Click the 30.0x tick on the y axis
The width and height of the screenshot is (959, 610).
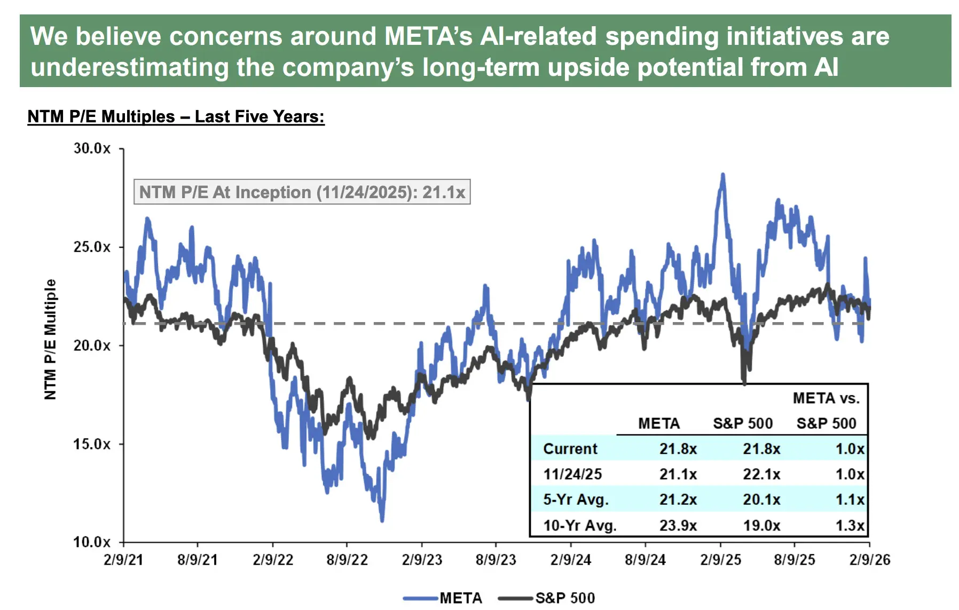tap(92, 148)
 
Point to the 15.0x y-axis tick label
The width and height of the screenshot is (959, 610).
tap(92, 444)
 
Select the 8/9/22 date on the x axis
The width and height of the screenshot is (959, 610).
tap(347, 560)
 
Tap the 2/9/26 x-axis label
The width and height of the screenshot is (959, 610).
tap(869, 560)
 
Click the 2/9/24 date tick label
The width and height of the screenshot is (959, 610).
tap(571, 560)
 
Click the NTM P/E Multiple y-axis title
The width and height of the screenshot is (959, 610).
tap(50, 339)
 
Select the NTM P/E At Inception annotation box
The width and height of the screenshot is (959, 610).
tap(302, 192)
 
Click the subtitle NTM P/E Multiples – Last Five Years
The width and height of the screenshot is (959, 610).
tap(176, 116)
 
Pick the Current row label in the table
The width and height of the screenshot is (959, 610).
tap(570, 449)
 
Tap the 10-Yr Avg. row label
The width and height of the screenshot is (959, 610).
tap(579, 526)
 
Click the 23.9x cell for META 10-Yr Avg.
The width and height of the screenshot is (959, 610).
tap(678, 526)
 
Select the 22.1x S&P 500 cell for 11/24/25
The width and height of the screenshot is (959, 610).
tap(761, 474)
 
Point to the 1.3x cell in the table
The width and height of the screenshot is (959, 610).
tap(849, 526)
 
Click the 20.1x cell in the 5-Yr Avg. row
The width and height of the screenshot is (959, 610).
tap(761, 500)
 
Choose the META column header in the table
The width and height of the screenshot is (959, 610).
tap(658, 424)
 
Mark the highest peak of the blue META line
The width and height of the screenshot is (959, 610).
tap(723, 175)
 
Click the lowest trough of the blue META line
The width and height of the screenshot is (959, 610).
tap(382, 520)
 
